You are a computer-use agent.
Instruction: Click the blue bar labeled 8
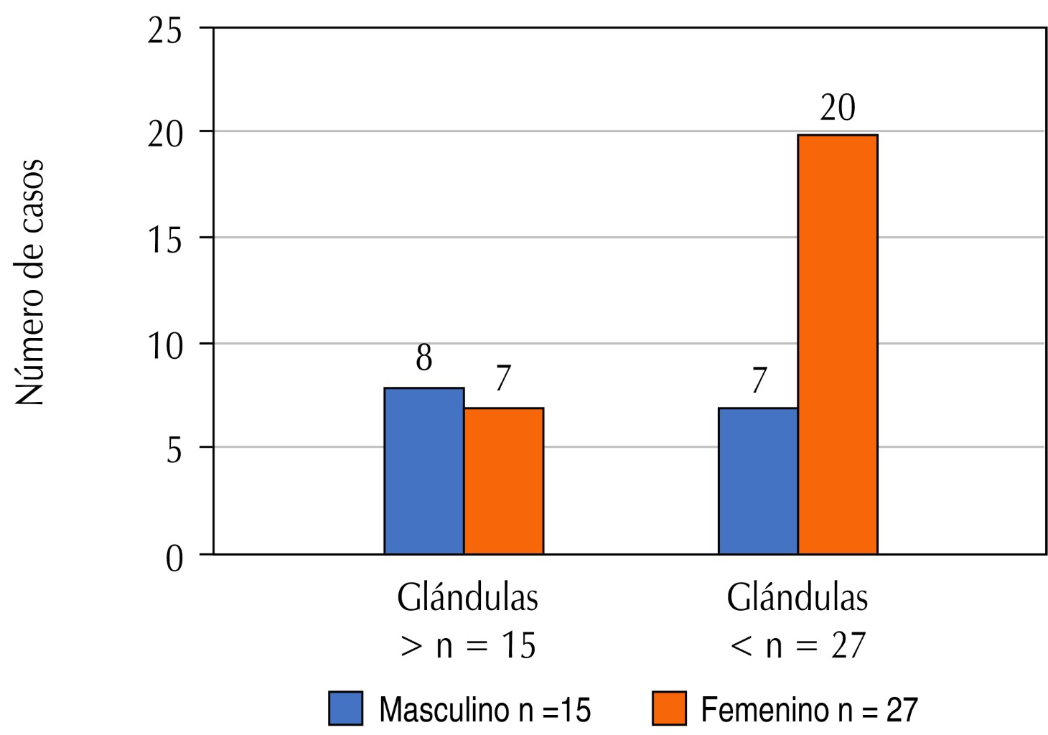(x=424, y=471)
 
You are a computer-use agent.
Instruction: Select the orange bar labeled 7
(x=503, y=481)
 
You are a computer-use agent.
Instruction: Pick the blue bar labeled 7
(x=757, y=481)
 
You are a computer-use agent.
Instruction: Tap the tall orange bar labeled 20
(x=837, y=345)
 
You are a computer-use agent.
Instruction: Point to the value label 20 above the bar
(x=837, y=109)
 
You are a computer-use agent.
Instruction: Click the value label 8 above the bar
(x=424, y=359)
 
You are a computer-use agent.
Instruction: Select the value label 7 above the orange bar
(x=502, y=380)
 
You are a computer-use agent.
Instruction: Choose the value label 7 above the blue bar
(x=758, y=380)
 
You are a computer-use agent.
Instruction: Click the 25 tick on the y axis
(x=164, y=32)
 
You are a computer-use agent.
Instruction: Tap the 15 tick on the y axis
(x=164, y=239)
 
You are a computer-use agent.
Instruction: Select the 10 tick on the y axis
(x=164, y=345)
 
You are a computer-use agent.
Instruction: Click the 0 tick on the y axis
(x=174, y=558)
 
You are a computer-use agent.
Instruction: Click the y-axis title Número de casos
(x=30, y=281)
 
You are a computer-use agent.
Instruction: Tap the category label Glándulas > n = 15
(x=468, y=622)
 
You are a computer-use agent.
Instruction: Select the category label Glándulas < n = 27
(x=797, y=622)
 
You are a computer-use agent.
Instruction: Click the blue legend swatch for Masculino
(x=346, y=708)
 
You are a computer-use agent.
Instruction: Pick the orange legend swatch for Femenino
(x=669, y=708)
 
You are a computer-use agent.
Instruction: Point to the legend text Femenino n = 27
(x=809, y=710)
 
